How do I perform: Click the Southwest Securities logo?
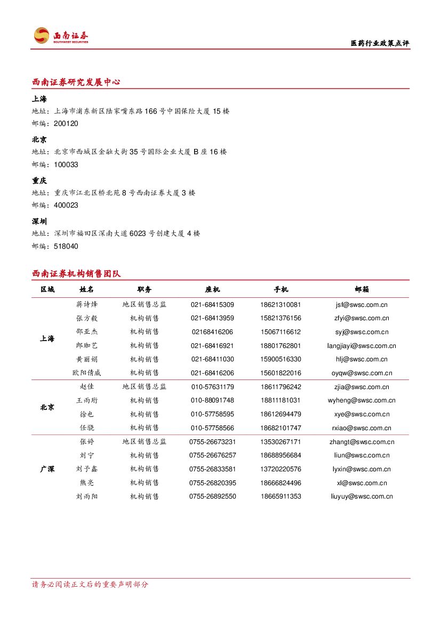pyautogui.click(x=61, y=36)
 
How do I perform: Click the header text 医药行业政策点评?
pyautogui.click(x=380, y=43)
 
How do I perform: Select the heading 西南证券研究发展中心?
pyautogui.click(x=76, y=82)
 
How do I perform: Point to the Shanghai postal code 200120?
pyautogui.click(x=66, y=123)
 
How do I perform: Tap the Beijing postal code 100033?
pyautogui.click(x=66, y=164)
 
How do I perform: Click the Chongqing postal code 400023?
pyautogui.click(x=66, y=205)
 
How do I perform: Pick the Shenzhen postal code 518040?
pyautogui.click(x=66, y=246)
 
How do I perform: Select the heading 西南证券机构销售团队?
pyautogui.click(x=76, y=274)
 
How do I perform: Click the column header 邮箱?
pyautogui.click(x=362, y=289)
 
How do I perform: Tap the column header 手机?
pyautogui.click(x=281, y=289)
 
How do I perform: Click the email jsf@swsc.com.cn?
pyautogui.click(x=362, y=305)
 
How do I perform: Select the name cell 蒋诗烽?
pyautogui.click(x=87, y=305)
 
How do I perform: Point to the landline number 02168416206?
pyautogui.click(x=212, y=332)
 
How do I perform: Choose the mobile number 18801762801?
pyautogui.click(x=281, y=346)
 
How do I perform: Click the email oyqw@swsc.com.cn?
pyautogui.click(x=362, y=373)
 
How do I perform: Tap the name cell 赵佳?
pyautogui.click(x=87, y=387)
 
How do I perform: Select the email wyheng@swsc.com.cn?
pyautogui.click(x=362, y=400)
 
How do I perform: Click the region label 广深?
pyautogui.click(x=47, y=469)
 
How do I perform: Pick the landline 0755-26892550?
pyautogui.click(x=212, y=496)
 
